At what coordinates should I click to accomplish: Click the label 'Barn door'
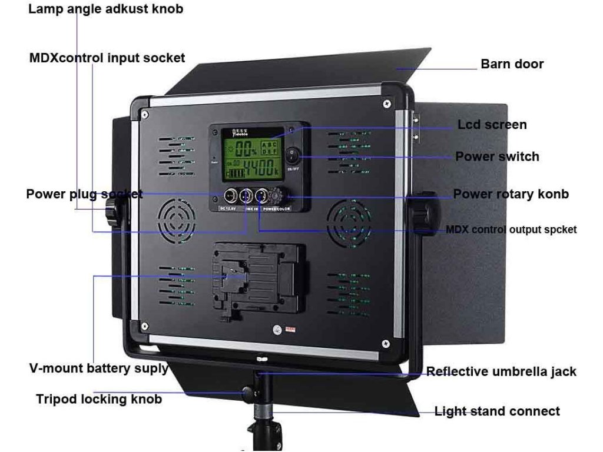pos(512,64)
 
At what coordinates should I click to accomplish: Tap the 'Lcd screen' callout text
pos(492,125)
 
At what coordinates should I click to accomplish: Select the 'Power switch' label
pos(497,157)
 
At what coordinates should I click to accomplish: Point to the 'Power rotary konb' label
pos(511,194)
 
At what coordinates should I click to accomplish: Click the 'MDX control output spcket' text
pos(511,230)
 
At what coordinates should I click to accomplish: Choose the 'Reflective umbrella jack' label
pos(501,371)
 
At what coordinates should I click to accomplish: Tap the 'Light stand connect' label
pos(497,411)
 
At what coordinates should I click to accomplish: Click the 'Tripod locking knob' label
pos(99,399)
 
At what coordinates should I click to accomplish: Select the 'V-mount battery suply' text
pos(98,369)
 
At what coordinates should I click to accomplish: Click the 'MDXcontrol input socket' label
pos(107,58)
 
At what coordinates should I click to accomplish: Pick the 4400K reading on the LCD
pos(261,168)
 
